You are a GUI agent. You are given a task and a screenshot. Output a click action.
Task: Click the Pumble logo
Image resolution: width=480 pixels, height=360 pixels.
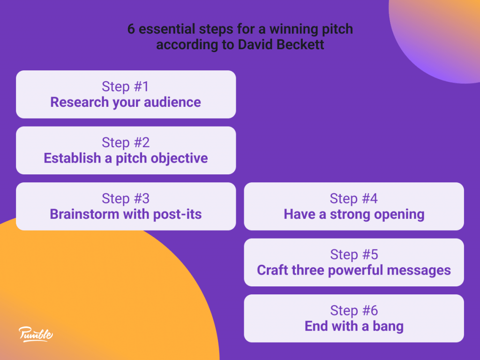tap(36, 334)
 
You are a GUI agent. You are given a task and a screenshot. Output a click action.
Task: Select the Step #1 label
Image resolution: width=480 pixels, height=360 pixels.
tap(125, 87)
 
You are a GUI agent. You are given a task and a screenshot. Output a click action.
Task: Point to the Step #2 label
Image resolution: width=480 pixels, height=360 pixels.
tap(126, 142)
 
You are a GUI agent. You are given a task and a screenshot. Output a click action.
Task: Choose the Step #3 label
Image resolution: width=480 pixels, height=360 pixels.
tap(126, 199)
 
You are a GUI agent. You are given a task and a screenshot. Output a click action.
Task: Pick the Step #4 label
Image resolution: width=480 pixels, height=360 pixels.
tap(353, 199)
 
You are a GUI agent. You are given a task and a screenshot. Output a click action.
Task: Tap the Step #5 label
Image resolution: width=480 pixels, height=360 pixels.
tap(354, 255)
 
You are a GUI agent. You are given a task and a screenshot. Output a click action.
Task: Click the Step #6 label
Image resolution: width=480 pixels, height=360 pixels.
tap(354, 311)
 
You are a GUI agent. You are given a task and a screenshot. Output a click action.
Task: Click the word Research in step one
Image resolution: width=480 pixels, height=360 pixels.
tap(80, 102)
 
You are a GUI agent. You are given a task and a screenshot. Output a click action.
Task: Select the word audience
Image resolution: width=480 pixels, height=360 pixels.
tap(172, 102)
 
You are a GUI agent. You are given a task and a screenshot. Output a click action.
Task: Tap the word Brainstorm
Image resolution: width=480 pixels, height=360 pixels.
tap(84, 214)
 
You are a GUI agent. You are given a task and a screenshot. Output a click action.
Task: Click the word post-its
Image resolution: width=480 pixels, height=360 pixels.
tap(177, 214)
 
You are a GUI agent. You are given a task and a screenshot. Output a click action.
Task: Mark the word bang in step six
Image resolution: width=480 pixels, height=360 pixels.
tap(388, 327)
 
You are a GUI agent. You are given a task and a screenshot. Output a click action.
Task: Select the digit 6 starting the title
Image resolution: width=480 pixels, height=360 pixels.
tap(131, 29)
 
